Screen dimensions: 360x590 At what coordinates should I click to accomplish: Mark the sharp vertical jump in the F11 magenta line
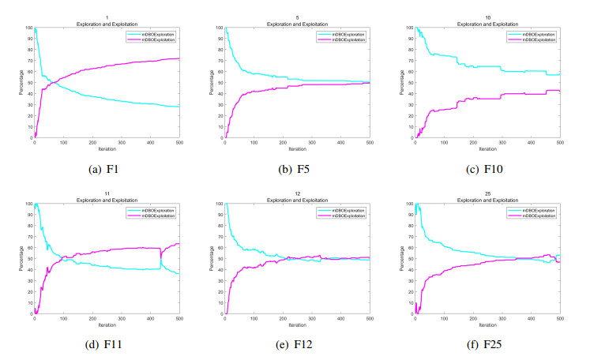pos(161,253)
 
